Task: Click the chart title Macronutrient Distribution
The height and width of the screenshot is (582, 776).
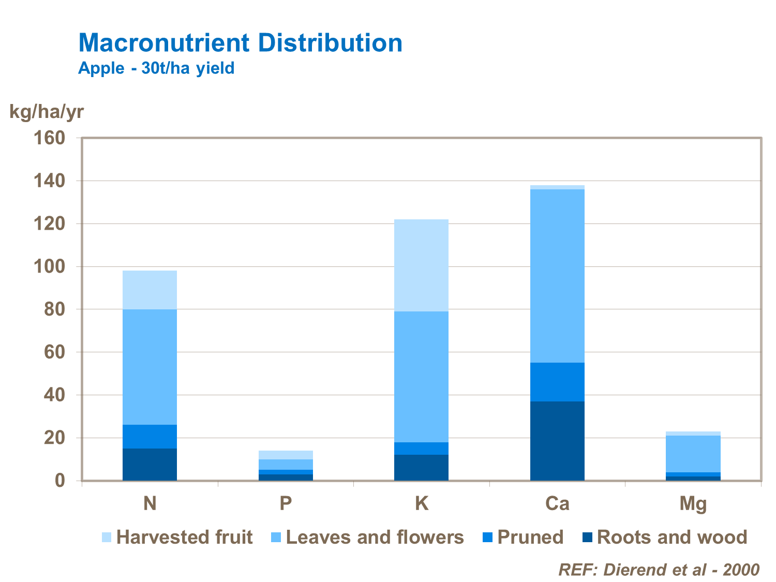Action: (240, 43)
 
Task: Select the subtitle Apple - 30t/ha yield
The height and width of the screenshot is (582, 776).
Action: (156, 68)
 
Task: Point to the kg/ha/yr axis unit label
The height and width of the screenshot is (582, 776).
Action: (47, 111)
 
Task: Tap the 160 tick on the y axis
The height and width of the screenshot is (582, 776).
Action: (49, 138)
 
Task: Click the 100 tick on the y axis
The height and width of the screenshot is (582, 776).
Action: (49, 267)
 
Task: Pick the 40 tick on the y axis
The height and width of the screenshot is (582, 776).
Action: (54, 395)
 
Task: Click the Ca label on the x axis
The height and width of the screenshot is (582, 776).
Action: (557, 503)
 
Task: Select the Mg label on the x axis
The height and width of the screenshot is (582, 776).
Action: (693, 503)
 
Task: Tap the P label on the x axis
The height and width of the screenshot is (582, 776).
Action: (286, 503)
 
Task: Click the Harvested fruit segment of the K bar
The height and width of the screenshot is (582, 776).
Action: (421, 265)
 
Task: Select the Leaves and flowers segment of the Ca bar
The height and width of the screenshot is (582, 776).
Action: (557, 275)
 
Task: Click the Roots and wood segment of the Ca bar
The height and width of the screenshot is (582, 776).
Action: (557, 441)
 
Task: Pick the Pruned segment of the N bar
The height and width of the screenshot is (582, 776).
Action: (150, 436)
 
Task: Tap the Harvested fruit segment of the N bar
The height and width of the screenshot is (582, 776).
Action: (150, 290)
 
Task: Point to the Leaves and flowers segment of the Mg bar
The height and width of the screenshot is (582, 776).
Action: (693, 453)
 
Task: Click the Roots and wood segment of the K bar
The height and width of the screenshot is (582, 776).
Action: (421, 468)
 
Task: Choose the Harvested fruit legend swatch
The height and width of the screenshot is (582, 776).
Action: (107, 538)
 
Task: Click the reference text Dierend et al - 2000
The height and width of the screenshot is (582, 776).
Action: (659, 570)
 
